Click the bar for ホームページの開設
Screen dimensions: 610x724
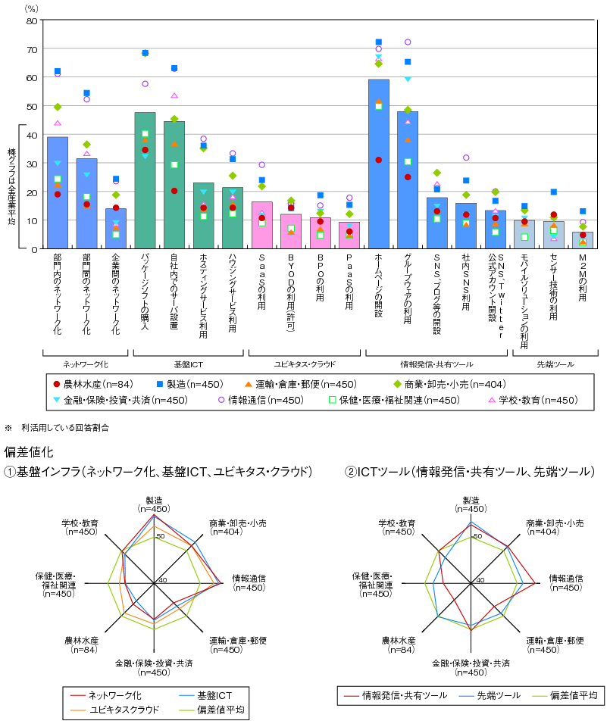[x=378, y=164]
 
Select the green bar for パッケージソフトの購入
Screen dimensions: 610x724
[x=145, y=180]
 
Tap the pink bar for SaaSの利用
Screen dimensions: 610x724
[x=262, y=226]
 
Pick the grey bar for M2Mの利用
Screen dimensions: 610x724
[x=583, y=240]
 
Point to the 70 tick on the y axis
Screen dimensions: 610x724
[x=32, y=49]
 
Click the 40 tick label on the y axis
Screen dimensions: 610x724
[x=32, y=136]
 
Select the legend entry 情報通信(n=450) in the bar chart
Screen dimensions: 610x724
[x=261, y=400]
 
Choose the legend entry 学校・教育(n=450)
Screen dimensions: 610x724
[x=533, y=400]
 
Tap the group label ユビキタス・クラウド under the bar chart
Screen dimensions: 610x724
[x=305, y=364]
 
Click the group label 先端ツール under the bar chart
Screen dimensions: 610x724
[x=555, y=364]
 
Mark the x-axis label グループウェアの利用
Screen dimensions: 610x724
[x=408, y=289]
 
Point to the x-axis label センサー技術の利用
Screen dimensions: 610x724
[x=554, y=287]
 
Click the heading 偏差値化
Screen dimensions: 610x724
[x=29, y=451]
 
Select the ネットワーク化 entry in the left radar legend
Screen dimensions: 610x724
[x=106, y=695]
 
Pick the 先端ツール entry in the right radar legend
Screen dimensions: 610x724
[x=490, y=695]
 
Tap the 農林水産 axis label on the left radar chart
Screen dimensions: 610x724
[x=82, y=645]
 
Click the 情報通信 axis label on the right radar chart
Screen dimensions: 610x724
[x=565, y=582]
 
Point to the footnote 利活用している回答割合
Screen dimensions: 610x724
[x=65, y=428]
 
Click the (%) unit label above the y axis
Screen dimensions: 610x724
[x=31, y=9]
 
